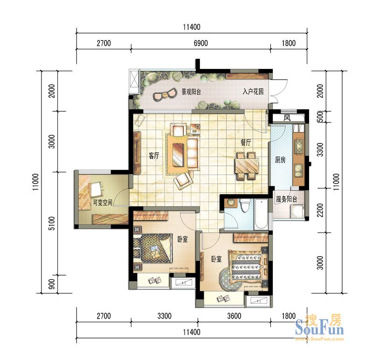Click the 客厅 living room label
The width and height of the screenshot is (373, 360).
click(x=154, y=156)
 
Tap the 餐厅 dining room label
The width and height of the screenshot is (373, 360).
click(x=246, y=143)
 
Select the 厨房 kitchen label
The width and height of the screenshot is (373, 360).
click(x=280, y=160)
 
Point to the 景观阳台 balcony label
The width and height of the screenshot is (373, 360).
click(x=191, y=92)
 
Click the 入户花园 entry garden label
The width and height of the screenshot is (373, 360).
click(x=253, y=91)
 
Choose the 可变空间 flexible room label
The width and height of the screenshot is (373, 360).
click(x=102, y=203)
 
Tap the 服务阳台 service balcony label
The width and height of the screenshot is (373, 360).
click(x=286, y=199)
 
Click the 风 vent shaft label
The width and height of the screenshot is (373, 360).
click(x=287, y=118)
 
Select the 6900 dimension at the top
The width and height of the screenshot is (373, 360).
click(x=201, y=43)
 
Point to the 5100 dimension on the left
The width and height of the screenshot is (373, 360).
click(x=52, y=224)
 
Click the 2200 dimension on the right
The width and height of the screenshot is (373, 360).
click(x=320, y=210)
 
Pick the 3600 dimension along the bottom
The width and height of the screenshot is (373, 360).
click(x=234, y=316)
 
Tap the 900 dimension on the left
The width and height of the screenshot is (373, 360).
click(x=52, y=284)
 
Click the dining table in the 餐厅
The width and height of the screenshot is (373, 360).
click(x=247, y=166)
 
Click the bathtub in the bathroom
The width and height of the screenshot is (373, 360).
click(x=261, y=215)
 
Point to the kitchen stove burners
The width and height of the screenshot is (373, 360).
click(x=299, y=146)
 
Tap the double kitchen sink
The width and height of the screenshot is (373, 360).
click(x=298, y=170)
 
